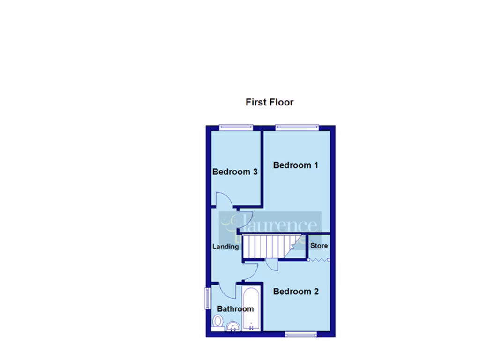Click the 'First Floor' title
point(270,102)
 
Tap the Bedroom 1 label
point(296,165)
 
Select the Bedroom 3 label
point(235,172)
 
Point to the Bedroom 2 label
point(296,292)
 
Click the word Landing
point(225,247)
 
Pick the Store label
point(319,246)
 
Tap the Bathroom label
point(235,309)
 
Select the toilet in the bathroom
point(217,322)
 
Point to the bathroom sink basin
point(232,326)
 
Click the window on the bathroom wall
point(207,298)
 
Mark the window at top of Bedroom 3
point(236,127)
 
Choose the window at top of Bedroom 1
point(297,127)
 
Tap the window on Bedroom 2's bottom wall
point(301,334)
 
